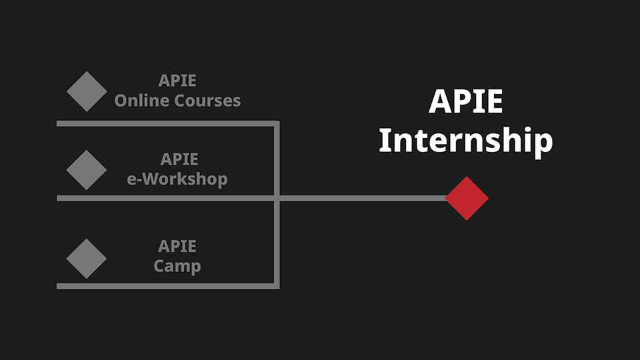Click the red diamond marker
coord(467,199)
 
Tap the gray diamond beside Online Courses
coord(87,91)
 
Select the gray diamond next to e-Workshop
coord(87,170)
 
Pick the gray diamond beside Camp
coord(87,259)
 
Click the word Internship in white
coord(466,141)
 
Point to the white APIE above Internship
coord(466,101)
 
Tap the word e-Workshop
coord(177,179)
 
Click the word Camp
coord(177,266)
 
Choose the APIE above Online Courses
coord(177,81)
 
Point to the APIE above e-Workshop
coord(179,159)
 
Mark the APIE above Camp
coord(177,246)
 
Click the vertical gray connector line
coord(277,205)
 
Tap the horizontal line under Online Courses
coord(168,123)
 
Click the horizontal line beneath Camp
coord(168,286)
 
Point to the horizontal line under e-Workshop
coord(168,199)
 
